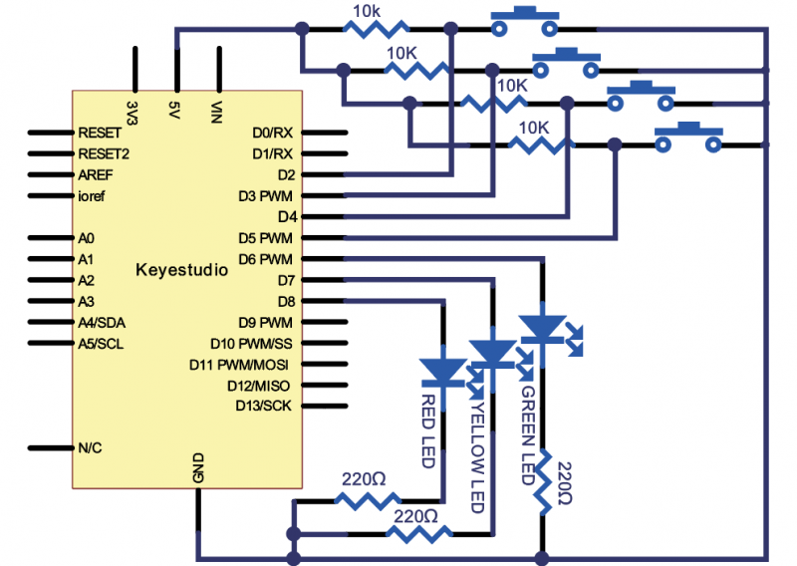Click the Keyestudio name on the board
pos(181,270)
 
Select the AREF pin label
pos(97,174)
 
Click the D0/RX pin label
pos(272,133)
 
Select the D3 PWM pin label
pos(266,195)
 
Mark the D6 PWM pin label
pos(266,259)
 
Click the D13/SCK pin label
pos(264,406)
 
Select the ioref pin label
pos(93,196)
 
